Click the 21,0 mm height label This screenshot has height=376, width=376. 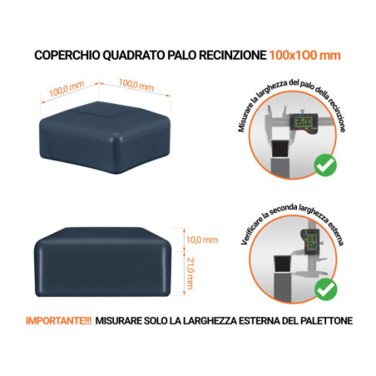(190, 270)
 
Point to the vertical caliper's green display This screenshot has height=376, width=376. (311, 244)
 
